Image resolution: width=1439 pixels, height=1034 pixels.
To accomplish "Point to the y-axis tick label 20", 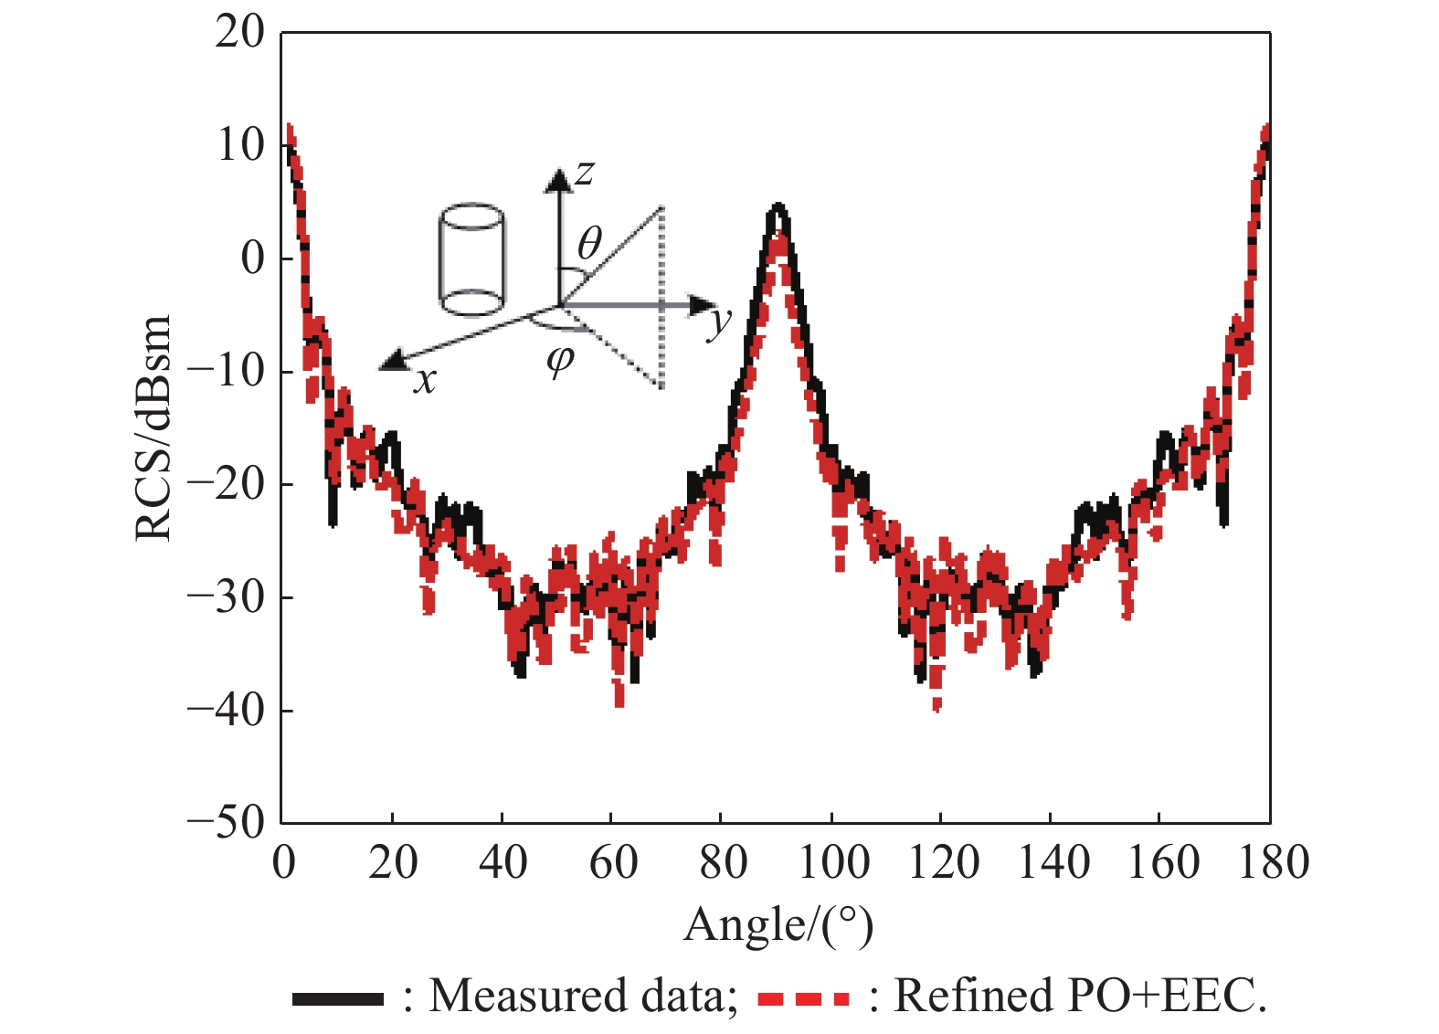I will [239, 33].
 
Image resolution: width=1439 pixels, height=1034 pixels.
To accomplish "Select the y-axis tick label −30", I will [226, 596].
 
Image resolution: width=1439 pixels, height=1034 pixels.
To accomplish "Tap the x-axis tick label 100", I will [832, 862].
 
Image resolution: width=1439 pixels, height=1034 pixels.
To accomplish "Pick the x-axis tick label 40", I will [503, 862].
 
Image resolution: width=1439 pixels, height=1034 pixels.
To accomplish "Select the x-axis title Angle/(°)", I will [778, 925].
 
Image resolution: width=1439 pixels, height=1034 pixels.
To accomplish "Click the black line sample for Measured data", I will [337, 998].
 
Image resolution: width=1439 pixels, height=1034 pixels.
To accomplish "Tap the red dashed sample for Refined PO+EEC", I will [803, 998].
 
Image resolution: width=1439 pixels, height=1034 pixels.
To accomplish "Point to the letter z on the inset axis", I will [585, 171].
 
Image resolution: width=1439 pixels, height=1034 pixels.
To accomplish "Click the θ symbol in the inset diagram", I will [590, 244].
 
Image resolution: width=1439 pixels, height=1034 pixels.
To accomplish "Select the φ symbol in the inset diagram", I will [559, 360].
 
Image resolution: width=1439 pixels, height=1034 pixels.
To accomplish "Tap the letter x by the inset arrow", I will [425, 379].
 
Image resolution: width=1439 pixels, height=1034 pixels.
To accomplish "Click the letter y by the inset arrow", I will [721, 322].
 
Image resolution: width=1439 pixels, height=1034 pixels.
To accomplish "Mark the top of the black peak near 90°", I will [778, 206].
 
